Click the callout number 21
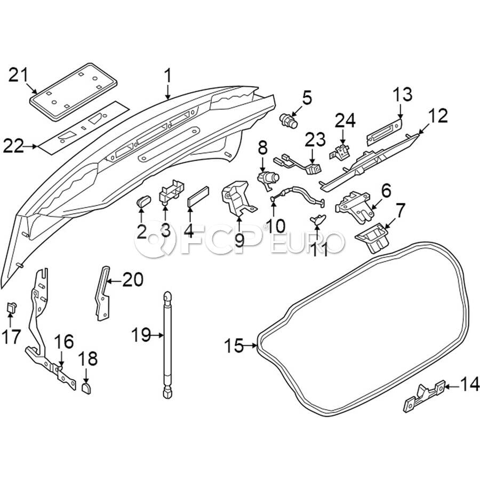[20, 75]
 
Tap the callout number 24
[345, 120]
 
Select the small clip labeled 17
[10, 308]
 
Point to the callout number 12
[437, 116]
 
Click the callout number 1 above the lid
[169, 76]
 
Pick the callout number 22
[14, 146]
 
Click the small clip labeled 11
[318, 219]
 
